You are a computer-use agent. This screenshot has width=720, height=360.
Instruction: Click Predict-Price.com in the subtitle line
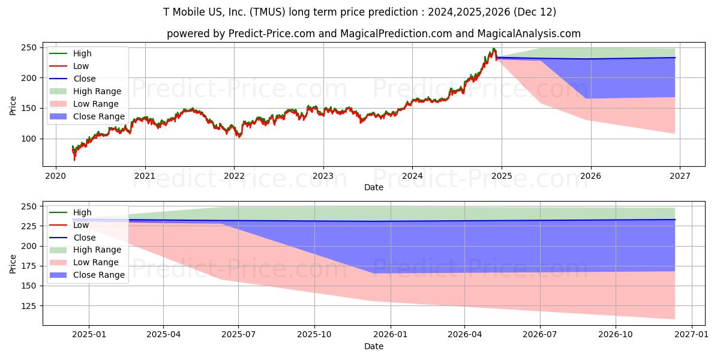coord(271,34)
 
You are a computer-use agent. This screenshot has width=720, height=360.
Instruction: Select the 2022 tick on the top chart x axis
coord(234,176)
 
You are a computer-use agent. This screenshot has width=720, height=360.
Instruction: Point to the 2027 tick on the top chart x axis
coord(679,176)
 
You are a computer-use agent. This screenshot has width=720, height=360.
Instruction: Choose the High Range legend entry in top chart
coord(97,91)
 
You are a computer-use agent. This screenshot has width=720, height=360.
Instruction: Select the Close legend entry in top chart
coord(85,79)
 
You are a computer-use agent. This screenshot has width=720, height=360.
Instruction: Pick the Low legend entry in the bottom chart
coord(81,225)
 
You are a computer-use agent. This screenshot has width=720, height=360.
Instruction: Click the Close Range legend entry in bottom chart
coord(99,275)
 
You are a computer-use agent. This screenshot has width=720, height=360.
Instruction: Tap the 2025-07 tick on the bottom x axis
coord(238,335)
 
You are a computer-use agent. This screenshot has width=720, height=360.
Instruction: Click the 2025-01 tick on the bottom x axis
coord(88,335)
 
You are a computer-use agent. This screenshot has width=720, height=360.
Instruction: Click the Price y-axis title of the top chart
coord(13,106)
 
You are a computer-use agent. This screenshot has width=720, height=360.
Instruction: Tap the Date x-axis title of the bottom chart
coord(373,346)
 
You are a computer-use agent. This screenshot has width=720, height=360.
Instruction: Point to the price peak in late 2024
coord(493,49)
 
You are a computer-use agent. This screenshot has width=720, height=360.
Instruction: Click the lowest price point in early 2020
coord(74,160)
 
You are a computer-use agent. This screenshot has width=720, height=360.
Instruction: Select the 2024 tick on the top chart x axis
coord(412,176)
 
